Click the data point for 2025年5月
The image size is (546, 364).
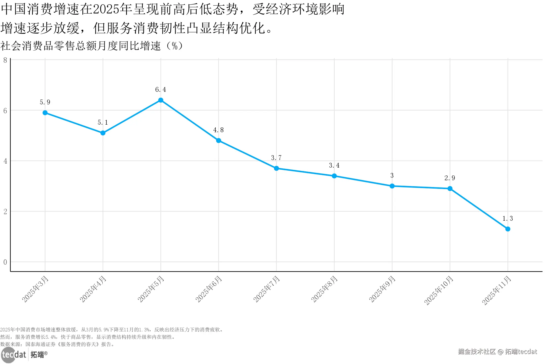click(161, 100)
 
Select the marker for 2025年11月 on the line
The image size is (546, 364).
click(508, 229)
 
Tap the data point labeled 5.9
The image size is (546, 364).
click(45, 113)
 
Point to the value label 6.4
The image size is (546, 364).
click(161, 90)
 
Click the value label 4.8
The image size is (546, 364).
click(218, 130)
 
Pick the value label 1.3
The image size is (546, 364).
click(508, 219)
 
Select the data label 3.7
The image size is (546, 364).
click(276, 158)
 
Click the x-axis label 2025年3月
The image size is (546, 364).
click(35, 289)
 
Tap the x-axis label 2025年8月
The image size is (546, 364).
click(324, 289)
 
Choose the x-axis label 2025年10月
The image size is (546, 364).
click(439, 290)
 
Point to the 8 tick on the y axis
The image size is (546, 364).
click(5, 60)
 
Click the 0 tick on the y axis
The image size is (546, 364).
click(5, 262)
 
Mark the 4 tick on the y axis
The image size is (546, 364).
click(5, 161)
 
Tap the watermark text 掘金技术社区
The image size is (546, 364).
click(477, 352)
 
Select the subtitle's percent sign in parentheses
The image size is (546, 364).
click(174, 46)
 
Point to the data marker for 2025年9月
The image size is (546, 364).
click(392, 186)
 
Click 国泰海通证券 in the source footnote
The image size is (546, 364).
click(40, 344)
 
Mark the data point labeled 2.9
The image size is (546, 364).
click(450, 189)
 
